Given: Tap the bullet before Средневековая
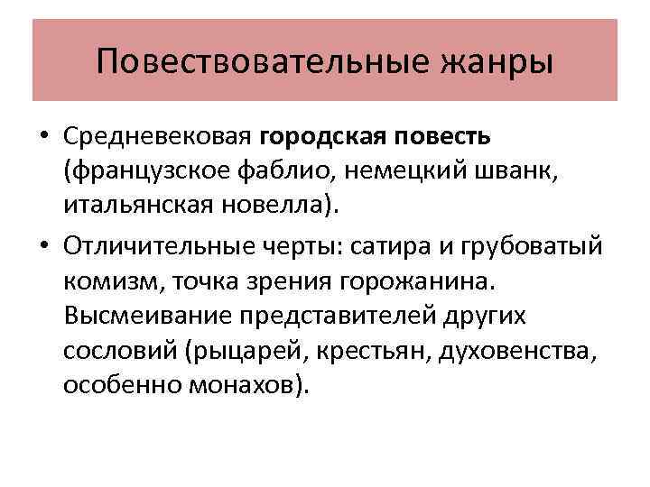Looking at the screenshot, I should (x=45, y=137).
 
